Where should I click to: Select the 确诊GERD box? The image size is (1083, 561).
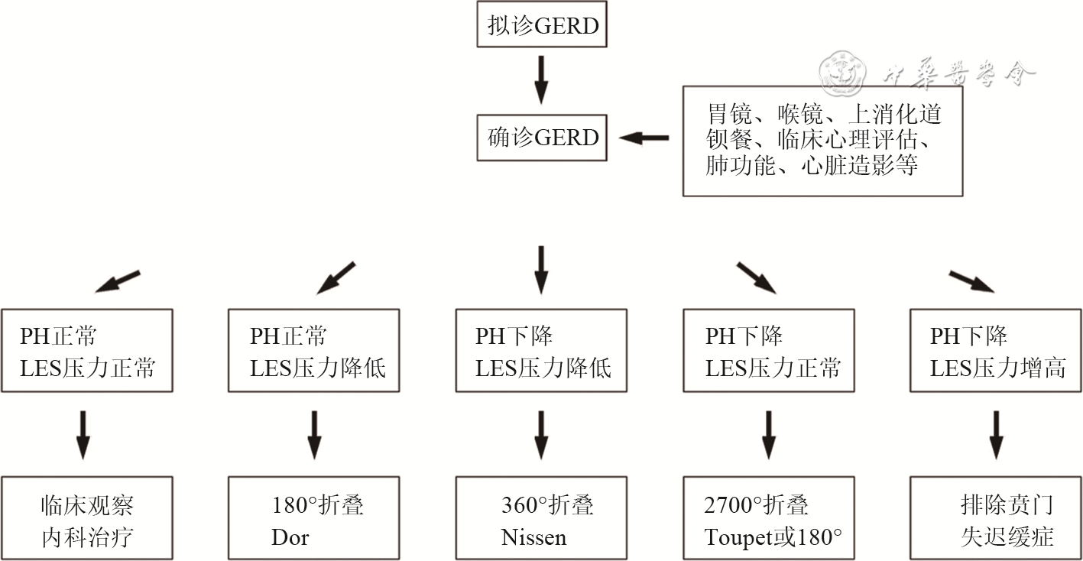[x=542, y=138]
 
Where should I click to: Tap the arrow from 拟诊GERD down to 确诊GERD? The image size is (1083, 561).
[x=541, y=79]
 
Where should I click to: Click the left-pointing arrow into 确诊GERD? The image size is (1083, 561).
[x=644, y=138]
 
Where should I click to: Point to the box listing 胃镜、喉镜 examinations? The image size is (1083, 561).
[x=822, y=141]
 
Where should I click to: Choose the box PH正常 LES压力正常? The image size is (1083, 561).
[x=87, y=351]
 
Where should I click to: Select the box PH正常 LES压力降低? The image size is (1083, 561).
[x=314, y=351]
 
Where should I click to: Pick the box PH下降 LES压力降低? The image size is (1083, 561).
[x=541, y=351]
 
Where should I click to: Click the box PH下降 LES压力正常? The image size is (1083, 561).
[x=769, y=351]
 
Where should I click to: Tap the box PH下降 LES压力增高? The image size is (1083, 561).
[x=996, y=351]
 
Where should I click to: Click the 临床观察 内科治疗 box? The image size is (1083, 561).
[x=87, y=519]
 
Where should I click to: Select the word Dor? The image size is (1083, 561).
[x=290, y=537]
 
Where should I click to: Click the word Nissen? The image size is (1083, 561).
[x=533, y=537]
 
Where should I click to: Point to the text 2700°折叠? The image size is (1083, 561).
[x=756, y=505]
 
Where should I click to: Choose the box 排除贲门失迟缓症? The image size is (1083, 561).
[x=996, y=519]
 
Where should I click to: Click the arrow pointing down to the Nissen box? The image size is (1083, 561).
[x=541, y=434]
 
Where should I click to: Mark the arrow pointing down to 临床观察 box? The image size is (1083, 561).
[x=84, y=434]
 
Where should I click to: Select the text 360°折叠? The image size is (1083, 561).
[x=547, y=505]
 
